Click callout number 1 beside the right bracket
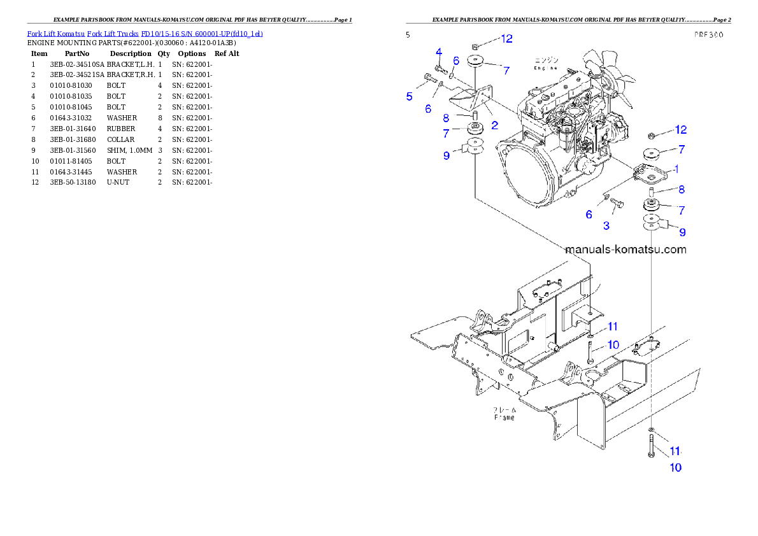pyautogui.click(x=676, y=169)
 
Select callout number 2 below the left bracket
pyautogui.click(x=494, y=125)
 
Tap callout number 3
pyautogui.click(x=606, y=225)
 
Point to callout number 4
pyautogui.click(x=439, y=52)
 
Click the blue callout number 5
pyautogui.click(x=410, y=97)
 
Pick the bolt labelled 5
pyautogui.click(x=428, y=80)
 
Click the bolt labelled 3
pyautogui.click(x=616, y=204)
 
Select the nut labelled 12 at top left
pyautogui.click(x=475, y=45)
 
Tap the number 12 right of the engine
pyautogui.click(x=680, y=130)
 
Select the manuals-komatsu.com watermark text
pyautogui.click(x=626, y=250)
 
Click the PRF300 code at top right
pyautogui.click(x=708, y=36)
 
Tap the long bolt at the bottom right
pyautogui.click(x=652, y=446)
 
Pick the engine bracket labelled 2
pyautogui.click(x=472, y=97)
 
